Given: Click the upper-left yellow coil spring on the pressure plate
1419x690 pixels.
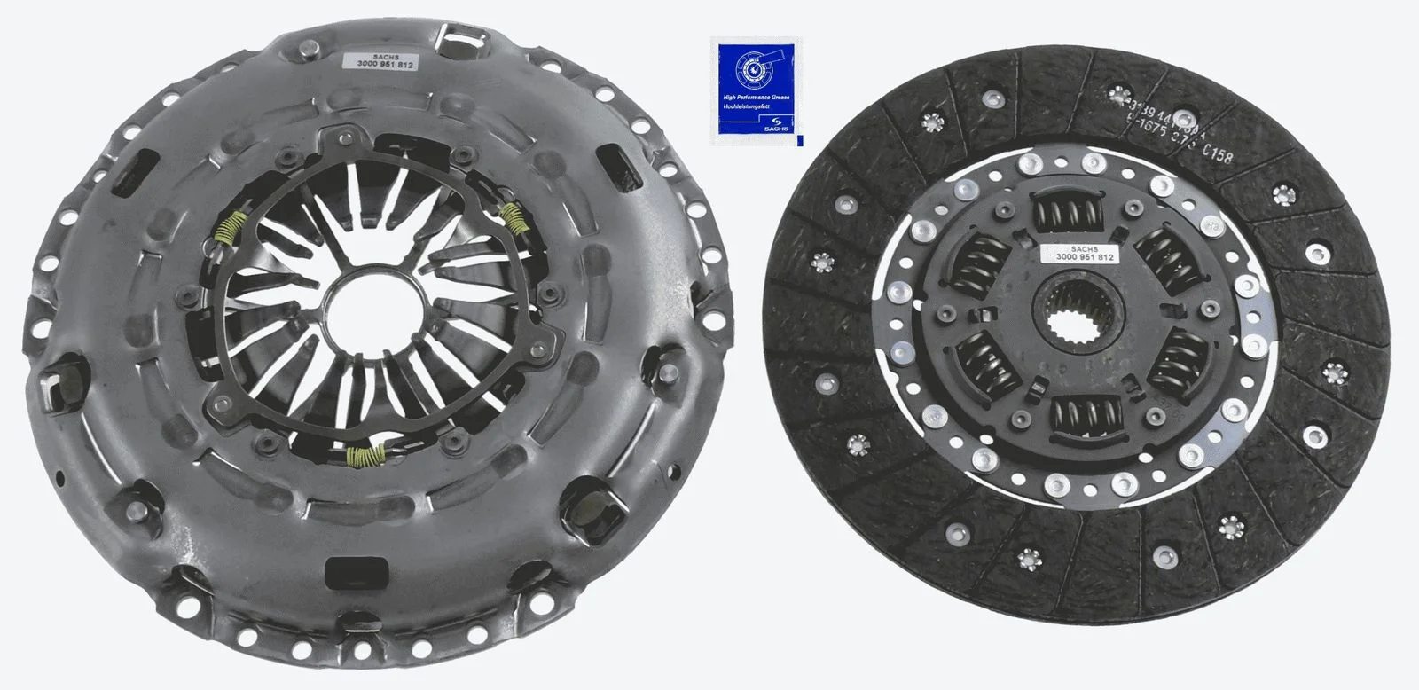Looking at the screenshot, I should click(x=228, y=232).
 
